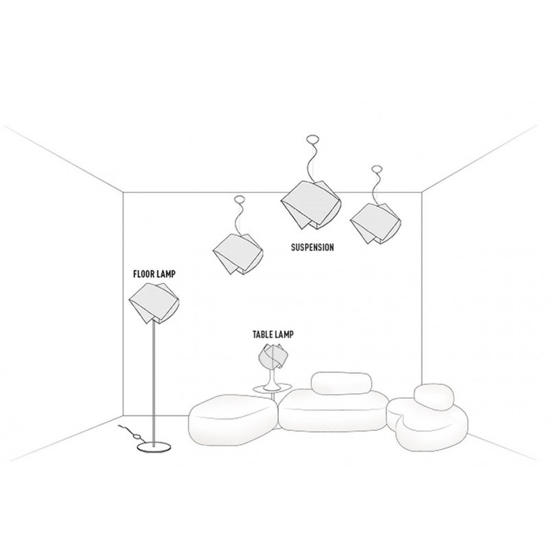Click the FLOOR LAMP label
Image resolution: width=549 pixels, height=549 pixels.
(x=154, y=274)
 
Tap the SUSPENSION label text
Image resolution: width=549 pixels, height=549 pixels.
(x=312, y=247)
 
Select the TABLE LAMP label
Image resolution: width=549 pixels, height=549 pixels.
(x=273, y=334)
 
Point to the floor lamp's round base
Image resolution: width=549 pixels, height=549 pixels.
(x=154, y=446)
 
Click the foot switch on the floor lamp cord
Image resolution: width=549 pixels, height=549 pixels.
(x=137, y=436)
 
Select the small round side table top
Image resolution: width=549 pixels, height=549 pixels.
(x=272, y=388)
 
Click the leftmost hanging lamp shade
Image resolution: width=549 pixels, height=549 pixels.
(x=238, y=253)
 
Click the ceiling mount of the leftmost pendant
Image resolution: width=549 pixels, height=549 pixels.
(x=239, y=200)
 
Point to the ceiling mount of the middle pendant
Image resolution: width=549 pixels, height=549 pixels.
(x=312, y=139)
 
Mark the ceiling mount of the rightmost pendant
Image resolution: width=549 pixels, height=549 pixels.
(x=377, y=169)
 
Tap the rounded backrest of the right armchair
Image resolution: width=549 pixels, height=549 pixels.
(x=434, y=397)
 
